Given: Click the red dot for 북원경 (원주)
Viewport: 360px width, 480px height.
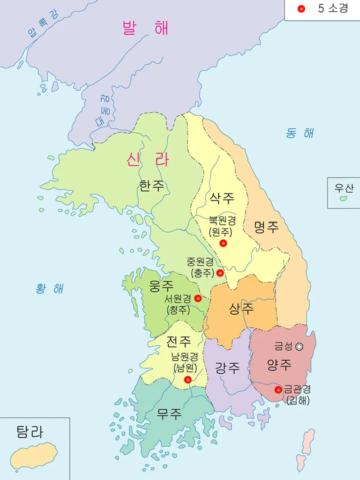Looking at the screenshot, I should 223,243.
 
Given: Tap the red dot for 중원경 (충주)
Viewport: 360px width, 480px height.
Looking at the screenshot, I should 220,273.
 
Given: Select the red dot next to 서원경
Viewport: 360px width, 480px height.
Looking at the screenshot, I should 198,298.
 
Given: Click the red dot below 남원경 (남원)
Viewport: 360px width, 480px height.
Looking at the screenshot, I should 188,380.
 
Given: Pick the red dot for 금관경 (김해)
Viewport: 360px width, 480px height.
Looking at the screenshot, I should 278,389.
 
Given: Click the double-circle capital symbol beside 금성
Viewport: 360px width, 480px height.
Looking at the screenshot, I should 299,346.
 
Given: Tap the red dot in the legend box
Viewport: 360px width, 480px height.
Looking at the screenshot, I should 301,9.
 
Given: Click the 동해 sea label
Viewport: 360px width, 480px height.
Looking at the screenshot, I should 300,133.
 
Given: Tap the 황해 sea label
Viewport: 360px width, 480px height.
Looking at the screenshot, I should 49,289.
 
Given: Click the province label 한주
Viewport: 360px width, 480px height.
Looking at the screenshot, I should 152,186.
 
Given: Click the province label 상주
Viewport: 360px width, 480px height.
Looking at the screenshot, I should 241,308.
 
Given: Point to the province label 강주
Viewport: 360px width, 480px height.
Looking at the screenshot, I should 227,368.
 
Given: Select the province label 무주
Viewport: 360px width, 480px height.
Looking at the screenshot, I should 169,413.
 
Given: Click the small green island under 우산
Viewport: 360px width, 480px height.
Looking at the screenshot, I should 343,198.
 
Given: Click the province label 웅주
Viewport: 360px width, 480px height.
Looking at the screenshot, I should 161,285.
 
